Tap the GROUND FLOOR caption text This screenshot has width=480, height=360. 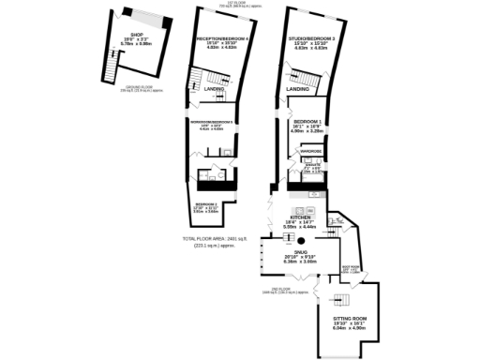136,88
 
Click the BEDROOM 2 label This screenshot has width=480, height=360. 205,205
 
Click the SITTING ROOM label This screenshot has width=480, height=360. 349,322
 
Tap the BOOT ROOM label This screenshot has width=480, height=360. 352,270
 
